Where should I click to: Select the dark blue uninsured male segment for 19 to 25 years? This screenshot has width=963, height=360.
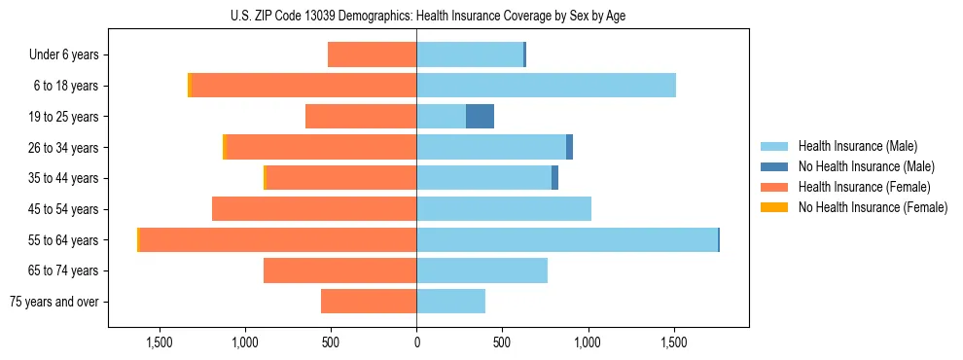point(480,117)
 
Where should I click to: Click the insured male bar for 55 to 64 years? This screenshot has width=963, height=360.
point(566,239)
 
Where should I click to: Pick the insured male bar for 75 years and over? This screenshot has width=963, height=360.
point(450,302)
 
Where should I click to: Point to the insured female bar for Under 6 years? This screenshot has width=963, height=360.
point(372,54)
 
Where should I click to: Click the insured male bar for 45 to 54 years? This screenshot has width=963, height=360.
point(504,209)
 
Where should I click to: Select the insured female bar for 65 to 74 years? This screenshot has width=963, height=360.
point(339,270)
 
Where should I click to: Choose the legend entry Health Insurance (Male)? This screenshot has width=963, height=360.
point(857,146)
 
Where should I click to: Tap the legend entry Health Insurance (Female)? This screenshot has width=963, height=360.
point(864,187)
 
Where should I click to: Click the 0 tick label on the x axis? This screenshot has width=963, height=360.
point(416,342)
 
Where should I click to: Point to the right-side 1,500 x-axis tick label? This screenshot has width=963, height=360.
point(674,342)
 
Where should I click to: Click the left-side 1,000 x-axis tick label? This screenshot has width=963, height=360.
point(244,342)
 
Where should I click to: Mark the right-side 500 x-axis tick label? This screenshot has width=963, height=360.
point(502,342)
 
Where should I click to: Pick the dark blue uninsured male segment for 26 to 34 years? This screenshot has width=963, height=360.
point(569,147)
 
